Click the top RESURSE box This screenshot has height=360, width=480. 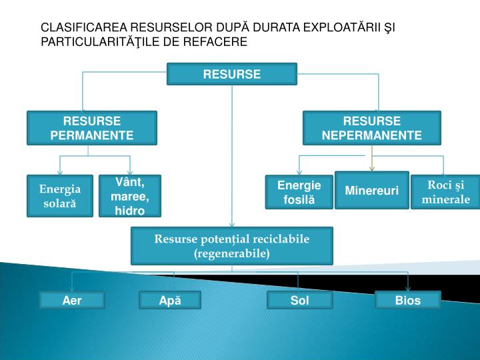(x=232, y=74)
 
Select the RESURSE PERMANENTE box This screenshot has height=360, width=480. (x=92, y=128)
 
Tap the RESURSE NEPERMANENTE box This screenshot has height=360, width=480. (x=372, y=128)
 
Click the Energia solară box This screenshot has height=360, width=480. (x=60, y=195)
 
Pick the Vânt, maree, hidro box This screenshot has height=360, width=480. (x=130, y=195)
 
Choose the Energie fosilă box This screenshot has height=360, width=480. (x=299, y=192)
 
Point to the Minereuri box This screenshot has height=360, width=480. (x=372, y=191)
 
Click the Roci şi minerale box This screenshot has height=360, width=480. (x=445, y=193)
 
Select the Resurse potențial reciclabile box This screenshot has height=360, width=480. (x=232, y=245)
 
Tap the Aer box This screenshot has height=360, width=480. (x=72, y=301)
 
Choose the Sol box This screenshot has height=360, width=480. (x=300, y=301)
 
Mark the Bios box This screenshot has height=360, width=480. (x=408, y=301)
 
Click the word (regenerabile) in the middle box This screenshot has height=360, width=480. (x=232, y=253)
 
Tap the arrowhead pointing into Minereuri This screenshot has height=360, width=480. (x=372, y=169)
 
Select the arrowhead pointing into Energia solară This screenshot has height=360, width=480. (x=60, y=173)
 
